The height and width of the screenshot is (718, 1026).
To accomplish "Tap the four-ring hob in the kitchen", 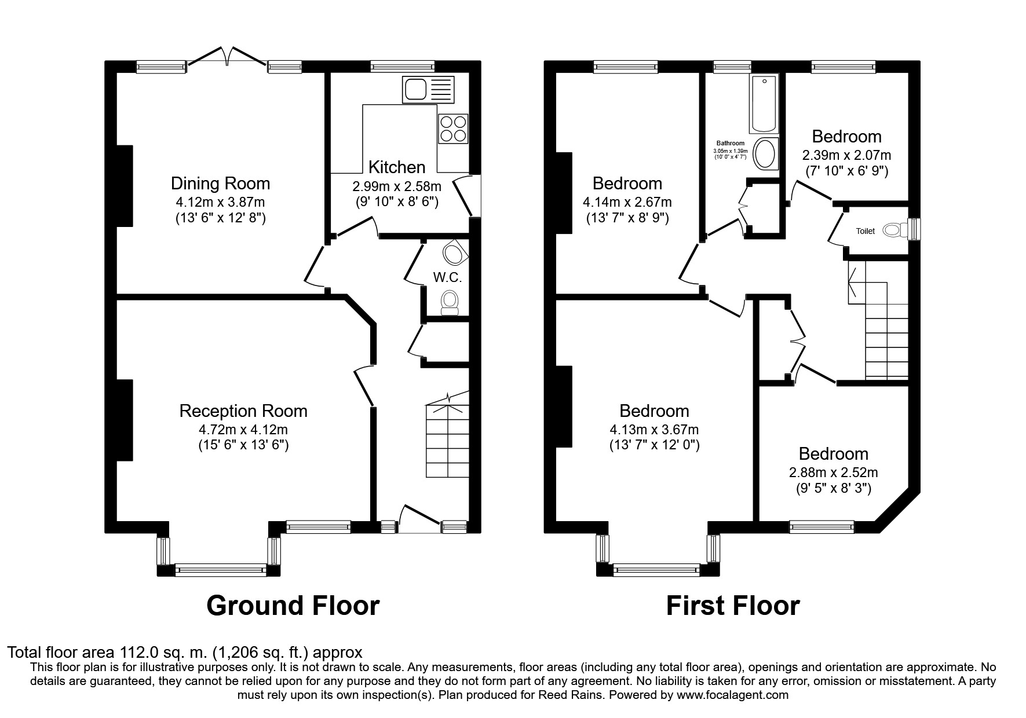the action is tap(454, 129).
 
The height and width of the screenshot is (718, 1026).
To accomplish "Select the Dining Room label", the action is tap(220, 184).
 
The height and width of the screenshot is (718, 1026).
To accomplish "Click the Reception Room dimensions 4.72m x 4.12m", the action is tap(243, 430).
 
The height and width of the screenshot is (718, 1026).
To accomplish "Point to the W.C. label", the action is tap(448, 277).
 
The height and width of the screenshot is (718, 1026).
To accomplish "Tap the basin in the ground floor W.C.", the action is tap(454, 252).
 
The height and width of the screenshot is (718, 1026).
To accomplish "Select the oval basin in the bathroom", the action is tap(766, 154).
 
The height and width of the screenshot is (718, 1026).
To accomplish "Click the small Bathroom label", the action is tap(731, 143).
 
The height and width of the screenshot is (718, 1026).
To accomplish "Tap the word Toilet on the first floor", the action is tap(866, 231).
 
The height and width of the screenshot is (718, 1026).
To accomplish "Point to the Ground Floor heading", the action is tap(293, 606).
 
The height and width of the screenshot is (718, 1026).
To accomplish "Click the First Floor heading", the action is tap(733, 606).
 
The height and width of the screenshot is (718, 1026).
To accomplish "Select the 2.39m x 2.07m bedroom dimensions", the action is tap(846, 155).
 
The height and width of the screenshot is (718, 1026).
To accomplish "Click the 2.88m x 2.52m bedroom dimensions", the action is tap(833, 472).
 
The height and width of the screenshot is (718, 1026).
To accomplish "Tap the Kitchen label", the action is tap(397, 167).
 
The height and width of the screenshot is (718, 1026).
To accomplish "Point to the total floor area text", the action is tap(185, 653).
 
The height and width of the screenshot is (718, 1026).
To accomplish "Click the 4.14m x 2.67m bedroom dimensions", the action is tap(627, 202).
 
